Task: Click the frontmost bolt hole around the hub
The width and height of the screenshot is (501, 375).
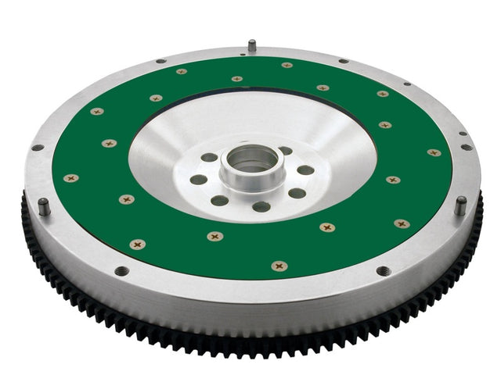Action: [261, 207]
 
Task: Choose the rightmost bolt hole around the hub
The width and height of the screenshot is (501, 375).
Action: [305, 170]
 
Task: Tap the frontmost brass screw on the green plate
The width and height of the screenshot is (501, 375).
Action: [279, 266]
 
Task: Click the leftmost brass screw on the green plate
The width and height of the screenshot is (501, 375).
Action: [70, 178]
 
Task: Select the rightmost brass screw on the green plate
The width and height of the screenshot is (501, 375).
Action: [434, 152]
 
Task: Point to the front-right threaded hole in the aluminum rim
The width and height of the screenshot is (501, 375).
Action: [383, 271]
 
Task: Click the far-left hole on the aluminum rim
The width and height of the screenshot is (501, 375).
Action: [36, 147]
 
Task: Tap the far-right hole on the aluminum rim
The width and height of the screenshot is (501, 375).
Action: [467, 147]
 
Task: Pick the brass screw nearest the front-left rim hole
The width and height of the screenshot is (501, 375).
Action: [139, 245]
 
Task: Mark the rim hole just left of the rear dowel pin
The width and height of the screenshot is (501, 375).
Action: [160, 61]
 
